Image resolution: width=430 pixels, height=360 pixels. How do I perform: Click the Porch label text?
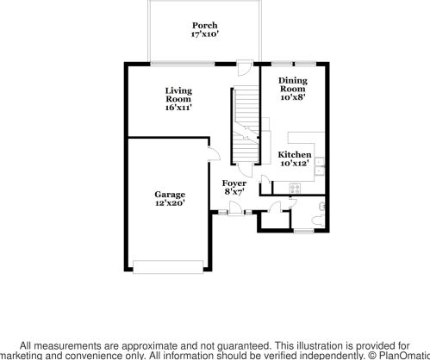click(204, 26)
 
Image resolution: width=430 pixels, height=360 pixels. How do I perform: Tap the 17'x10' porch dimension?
click(204, 35)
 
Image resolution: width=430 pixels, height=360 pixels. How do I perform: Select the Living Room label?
click(178, 95)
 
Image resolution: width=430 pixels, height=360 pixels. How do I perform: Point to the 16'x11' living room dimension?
click(178, 109)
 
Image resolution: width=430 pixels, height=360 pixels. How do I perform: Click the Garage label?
click(170, 195)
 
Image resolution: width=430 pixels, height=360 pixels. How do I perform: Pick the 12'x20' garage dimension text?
click(170, 204)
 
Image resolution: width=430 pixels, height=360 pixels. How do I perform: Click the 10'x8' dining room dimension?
click(292, 98)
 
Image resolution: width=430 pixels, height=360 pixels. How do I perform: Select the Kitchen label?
click(294, 155)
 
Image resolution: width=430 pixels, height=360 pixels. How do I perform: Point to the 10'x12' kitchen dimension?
click(294, 164)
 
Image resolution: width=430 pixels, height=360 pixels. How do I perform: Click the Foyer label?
click(234, 183)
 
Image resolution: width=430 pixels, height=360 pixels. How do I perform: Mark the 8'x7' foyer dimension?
click(234, 192)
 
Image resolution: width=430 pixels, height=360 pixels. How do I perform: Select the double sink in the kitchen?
click(319, 166)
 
